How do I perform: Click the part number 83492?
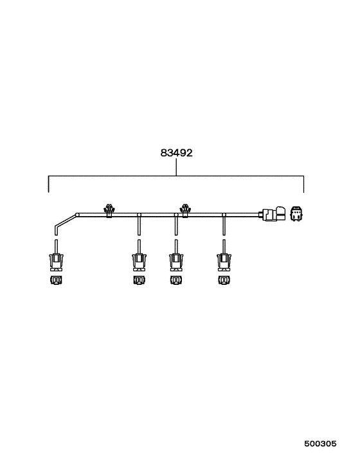tap(177, 154)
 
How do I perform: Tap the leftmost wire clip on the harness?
tap(109, 210)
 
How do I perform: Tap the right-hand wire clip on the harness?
tap(186, 210)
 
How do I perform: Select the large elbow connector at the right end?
tap(275, 215)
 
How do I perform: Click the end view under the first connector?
tap(56, 281)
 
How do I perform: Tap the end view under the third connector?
tap(176, 281)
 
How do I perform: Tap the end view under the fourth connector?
tap(224, 281)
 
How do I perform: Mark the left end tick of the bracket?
tap(49, 183)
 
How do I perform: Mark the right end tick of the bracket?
tap(304, 183)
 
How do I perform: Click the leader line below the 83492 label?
tap(177, 167)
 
